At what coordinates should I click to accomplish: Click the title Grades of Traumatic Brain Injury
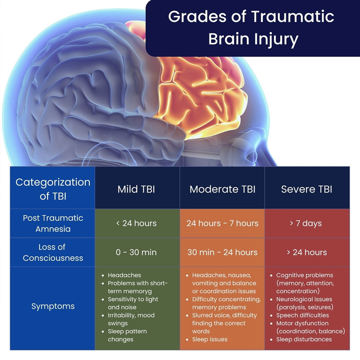(251, 28)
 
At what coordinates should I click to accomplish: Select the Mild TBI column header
(136, 189)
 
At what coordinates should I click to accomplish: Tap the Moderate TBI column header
(222, 189)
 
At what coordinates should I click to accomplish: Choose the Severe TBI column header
(307, 189)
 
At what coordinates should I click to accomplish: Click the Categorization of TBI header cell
(53, 189)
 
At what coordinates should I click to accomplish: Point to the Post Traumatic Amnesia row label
(53, 223)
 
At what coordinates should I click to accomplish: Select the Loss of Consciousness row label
(53, 252)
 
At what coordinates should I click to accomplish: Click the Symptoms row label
(53, 306)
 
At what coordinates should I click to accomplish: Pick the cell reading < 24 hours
(136, 223)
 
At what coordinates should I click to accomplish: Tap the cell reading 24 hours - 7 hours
(222, 223)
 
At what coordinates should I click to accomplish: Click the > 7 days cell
(307, 223)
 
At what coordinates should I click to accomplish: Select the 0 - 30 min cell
(136, 252)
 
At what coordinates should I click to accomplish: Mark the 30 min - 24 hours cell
(222, 252)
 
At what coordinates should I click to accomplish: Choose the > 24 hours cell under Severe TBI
(307, 252)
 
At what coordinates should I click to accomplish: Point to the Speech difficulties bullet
(302, 315)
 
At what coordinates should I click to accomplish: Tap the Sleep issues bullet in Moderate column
(210, 339)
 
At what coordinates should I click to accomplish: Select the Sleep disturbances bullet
(304, 339)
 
